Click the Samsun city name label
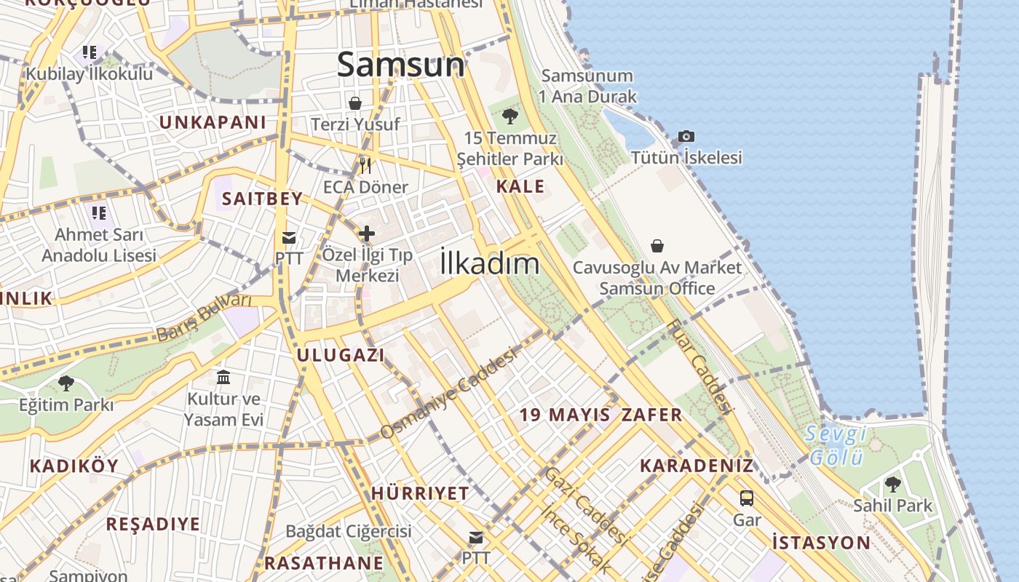pyautogui.click(x=400, y=65)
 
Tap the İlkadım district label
pyautogui.click(x=489, y=263)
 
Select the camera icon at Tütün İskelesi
pyautogui.click(x=686, y=136)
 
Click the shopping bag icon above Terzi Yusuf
pyautogui.click(x=355, y=103)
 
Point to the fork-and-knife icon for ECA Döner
pyautogui.click(x=365, y=166)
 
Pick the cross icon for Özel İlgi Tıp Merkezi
pyautogui.click(x=367, y=234)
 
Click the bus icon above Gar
pyautogui.click(x=747, y=498)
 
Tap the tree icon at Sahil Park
pyautogui.click(x=892, y=484)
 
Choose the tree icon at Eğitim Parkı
pyautogui.click(x=66, y=383)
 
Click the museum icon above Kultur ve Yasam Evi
pyautogui.click(x=223, y=377)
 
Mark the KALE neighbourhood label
pyautogui.click(x=520, y=186)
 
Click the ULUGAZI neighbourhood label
pyautogui.click(x=340, y=355)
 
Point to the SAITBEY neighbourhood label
pyautogui.click(x=262, y=199)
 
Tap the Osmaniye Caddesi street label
pyautogui.click(x=448, y=393)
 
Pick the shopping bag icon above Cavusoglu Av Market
pyautogui.click(x=657, y=246)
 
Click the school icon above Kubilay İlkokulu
pyautogui.click(x=89, y=52)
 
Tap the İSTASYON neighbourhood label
pyautogui.click(x=821, y=542)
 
